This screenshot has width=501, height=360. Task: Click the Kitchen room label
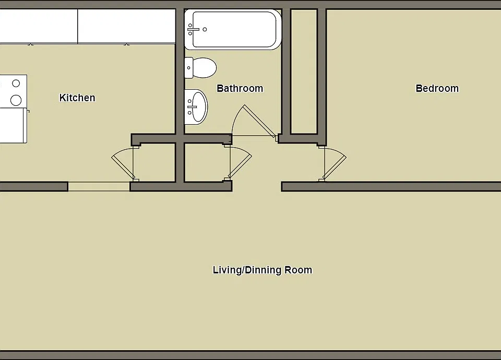click(77, 98)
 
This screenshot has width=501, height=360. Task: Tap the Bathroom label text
click(240, 89)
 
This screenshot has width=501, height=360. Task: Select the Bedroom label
click(437, 89)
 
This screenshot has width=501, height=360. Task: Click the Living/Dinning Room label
click(263, 270)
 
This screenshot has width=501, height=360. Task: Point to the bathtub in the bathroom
click(233, 29)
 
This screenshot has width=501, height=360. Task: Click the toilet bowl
click(205, 68)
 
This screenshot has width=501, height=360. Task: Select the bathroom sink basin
click(197, 107)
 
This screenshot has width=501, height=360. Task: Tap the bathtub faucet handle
click(194, 29)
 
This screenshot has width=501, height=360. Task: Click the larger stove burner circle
click(16, 100)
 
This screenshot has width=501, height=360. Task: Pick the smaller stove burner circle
click(16, 83)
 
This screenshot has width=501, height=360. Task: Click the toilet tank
click(189, 68)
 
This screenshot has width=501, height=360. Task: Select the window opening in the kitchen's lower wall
click(99, 187)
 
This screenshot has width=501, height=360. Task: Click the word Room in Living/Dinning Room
click(298, 270)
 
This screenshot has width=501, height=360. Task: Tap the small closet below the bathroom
click(204, 163)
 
